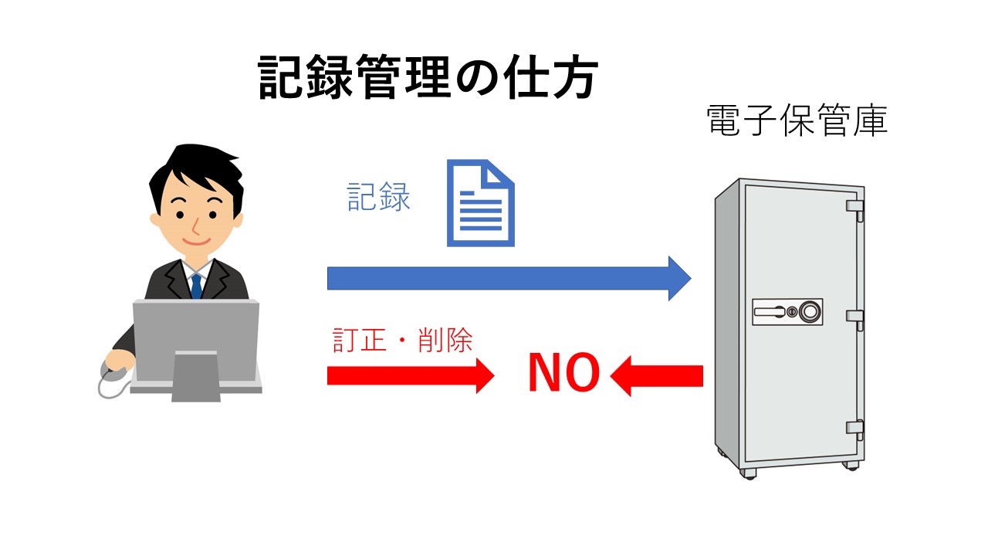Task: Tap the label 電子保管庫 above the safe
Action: click(797, 121)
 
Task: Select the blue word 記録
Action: click(379, 197)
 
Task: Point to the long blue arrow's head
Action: click(678, 278)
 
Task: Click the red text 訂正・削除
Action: click(402, 341)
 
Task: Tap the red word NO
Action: click(563, 375)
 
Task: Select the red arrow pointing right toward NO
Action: click(409, 375)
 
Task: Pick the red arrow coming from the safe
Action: click(657, 376)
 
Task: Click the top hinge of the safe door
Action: click(854, 208)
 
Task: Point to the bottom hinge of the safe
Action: click(854, 426)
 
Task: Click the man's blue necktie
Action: click(196, 286)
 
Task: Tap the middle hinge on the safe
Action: click(854, 317)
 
